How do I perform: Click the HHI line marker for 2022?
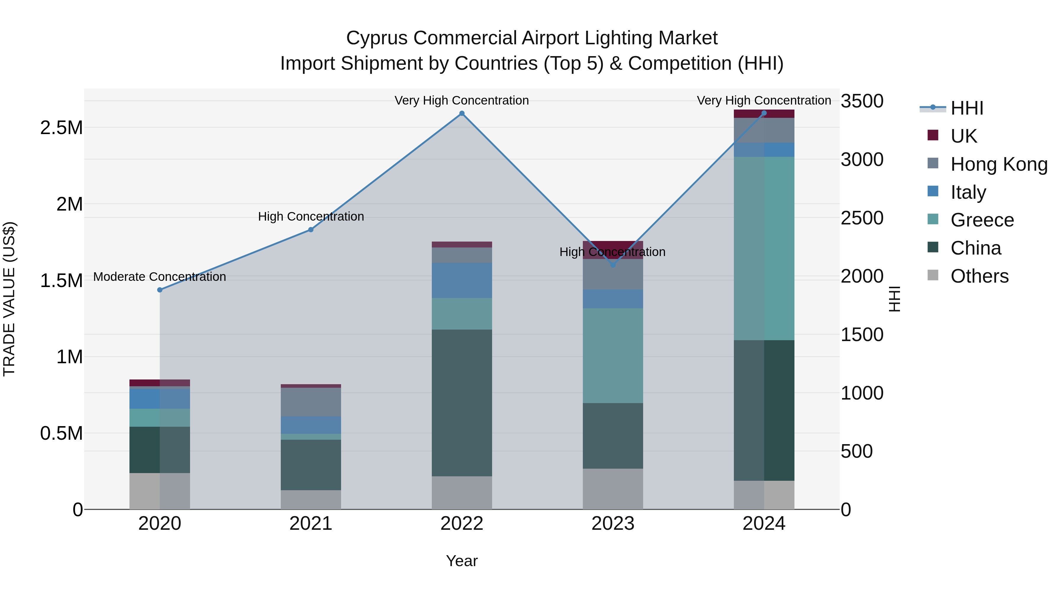[x=462, y=113]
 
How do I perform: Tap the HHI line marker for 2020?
[x=160, y=290]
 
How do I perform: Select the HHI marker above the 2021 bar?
[x=311, y=229]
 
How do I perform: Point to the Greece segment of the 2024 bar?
[x=764, y=248]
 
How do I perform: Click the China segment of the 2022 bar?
[x=462, y=403]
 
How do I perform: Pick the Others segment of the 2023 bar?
[x=613, y=489]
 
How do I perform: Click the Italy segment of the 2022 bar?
[x=462, y=280]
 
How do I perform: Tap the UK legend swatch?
[x=933, y=135]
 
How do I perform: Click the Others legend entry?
[x=979, y=276]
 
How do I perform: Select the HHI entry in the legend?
[x=966, y=108]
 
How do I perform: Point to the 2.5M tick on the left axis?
[x=61, y=128]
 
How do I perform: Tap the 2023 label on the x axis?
[x=613, y=524]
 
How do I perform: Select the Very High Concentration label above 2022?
[x=461, y=100]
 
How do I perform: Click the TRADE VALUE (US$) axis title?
[x=9, y=299]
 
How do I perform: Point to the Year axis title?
[x=462, y=561]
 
